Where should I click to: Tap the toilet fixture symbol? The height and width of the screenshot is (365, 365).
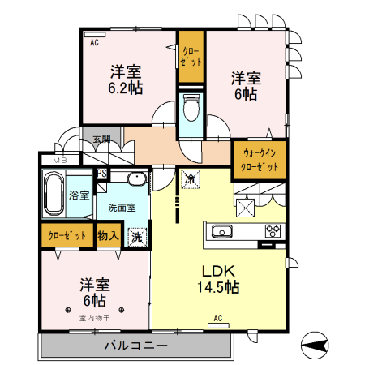click(x=191, y=106)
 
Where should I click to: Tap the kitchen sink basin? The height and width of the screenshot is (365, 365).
click(x=222, y=233)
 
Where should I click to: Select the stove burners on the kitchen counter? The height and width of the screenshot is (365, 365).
click(x=271, y=231)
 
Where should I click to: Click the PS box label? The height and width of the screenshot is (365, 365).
click(x=101, y=173)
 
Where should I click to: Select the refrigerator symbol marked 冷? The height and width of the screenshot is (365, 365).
click(x=190, y=178)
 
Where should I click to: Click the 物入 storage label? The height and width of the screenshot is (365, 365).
click(x=108, y=236)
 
